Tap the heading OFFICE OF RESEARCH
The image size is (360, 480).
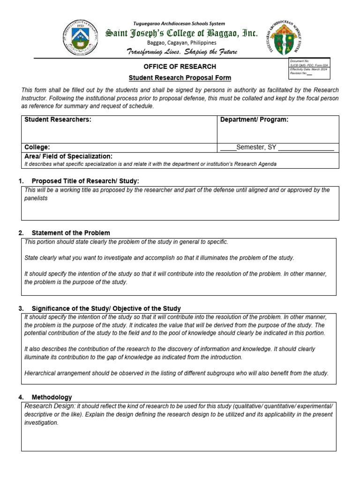[x=180, y=67]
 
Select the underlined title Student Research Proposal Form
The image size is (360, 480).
[x=180, y=78]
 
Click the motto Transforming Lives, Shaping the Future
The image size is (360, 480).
[x=182, y=52]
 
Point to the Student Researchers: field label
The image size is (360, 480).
[x=58, y=120]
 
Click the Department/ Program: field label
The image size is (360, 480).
[x=255, y=120]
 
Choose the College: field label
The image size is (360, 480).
[x=37, y=147]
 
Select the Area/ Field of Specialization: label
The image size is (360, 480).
[x=68, y=156]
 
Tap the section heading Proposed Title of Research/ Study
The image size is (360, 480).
[x=85, y=181]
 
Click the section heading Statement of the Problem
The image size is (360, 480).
[x=71, y=233]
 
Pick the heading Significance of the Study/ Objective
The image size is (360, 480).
[x=106, y=308]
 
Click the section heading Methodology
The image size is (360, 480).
[x=52, y=397]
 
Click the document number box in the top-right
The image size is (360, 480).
[x=310, y=67]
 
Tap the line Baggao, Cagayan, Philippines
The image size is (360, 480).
[x=182, y=43]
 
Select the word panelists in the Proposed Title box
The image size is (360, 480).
[x=36, y=198]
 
